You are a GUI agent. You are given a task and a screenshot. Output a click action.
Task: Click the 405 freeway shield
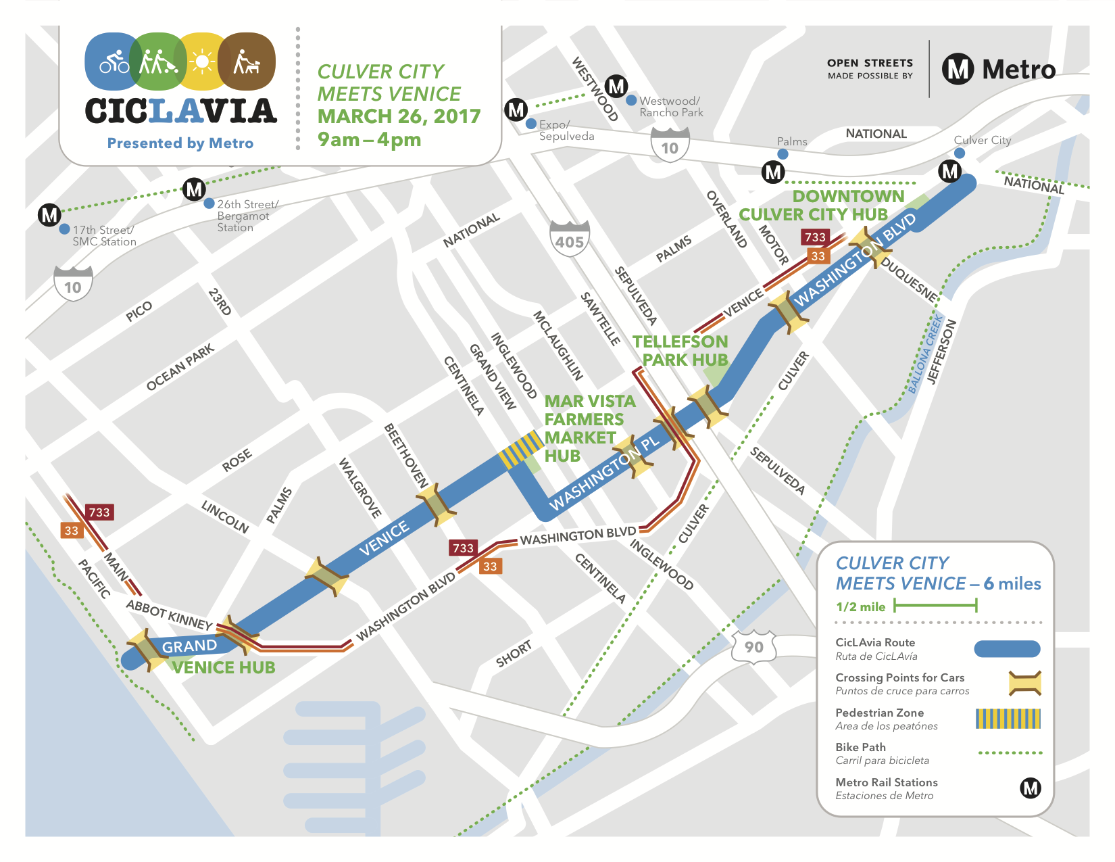(569, 239)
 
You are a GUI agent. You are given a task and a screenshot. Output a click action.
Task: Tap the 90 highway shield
(753, 647)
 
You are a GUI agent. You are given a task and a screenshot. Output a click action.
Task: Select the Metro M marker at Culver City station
(950, 171)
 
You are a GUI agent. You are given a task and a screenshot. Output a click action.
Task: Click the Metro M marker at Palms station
(773, 172)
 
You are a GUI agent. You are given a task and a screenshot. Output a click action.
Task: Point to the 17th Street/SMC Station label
(104, 236)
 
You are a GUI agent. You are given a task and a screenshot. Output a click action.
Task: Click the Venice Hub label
(224, 668)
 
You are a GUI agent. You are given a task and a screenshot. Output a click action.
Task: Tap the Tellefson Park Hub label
(680, 351)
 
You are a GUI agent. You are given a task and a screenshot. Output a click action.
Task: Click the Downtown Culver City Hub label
(821, 206)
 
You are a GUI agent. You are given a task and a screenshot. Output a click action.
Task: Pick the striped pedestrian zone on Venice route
(521, 450)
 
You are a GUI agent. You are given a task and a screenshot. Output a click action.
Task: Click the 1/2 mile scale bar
(935, 606)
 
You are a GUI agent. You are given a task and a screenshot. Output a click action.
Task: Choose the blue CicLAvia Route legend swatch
(1007, 649)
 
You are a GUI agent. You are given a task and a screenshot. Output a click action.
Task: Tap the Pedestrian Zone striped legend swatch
(1008, 719)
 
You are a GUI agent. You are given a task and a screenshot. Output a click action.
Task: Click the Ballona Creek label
(925, 354)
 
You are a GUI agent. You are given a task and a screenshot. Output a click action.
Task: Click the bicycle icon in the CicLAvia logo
(114, 62)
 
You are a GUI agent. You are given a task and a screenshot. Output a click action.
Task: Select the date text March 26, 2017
(399, 116)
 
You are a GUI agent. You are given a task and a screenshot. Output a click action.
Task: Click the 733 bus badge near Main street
(99, 512)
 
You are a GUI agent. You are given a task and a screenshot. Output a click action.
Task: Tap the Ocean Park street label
(180, 367)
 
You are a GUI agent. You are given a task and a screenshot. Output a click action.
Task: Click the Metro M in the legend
(1030, 788)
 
